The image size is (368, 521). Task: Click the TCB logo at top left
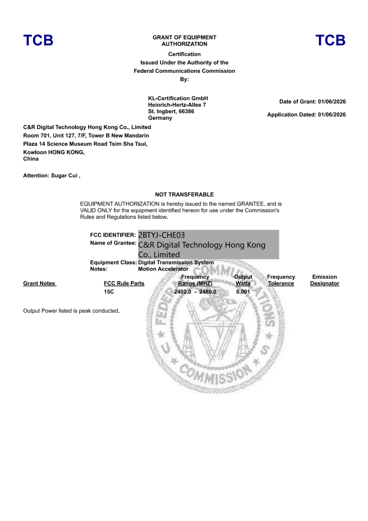pos(39,40)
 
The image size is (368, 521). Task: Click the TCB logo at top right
pos(330,40)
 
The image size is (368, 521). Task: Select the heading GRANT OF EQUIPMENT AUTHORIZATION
pos(184,40)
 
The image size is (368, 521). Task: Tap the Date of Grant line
pos(312,102)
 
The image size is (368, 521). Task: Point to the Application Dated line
pos(306,115)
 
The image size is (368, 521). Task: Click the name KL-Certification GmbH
pos(178,98)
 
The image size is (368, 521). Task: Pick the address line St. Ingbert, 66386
pos(171,111)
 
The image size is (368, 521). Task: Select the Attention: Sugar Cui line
pos(52,176)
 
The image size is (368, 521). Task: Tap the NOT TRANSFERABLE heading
pos(184,195)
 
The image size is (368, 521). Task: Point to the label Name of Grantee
pos(113,243)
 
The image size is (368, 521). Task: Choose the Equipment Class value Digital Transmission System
pos(176,262)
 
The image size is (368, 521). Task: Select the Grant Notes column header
pos(39,283)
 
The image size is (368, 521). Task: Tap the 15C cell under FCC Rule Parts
pos(109,292)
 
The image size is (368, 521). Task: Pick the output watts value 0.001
pos(243,292)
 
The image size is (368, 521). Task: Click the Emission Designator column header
pos(324,280)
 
